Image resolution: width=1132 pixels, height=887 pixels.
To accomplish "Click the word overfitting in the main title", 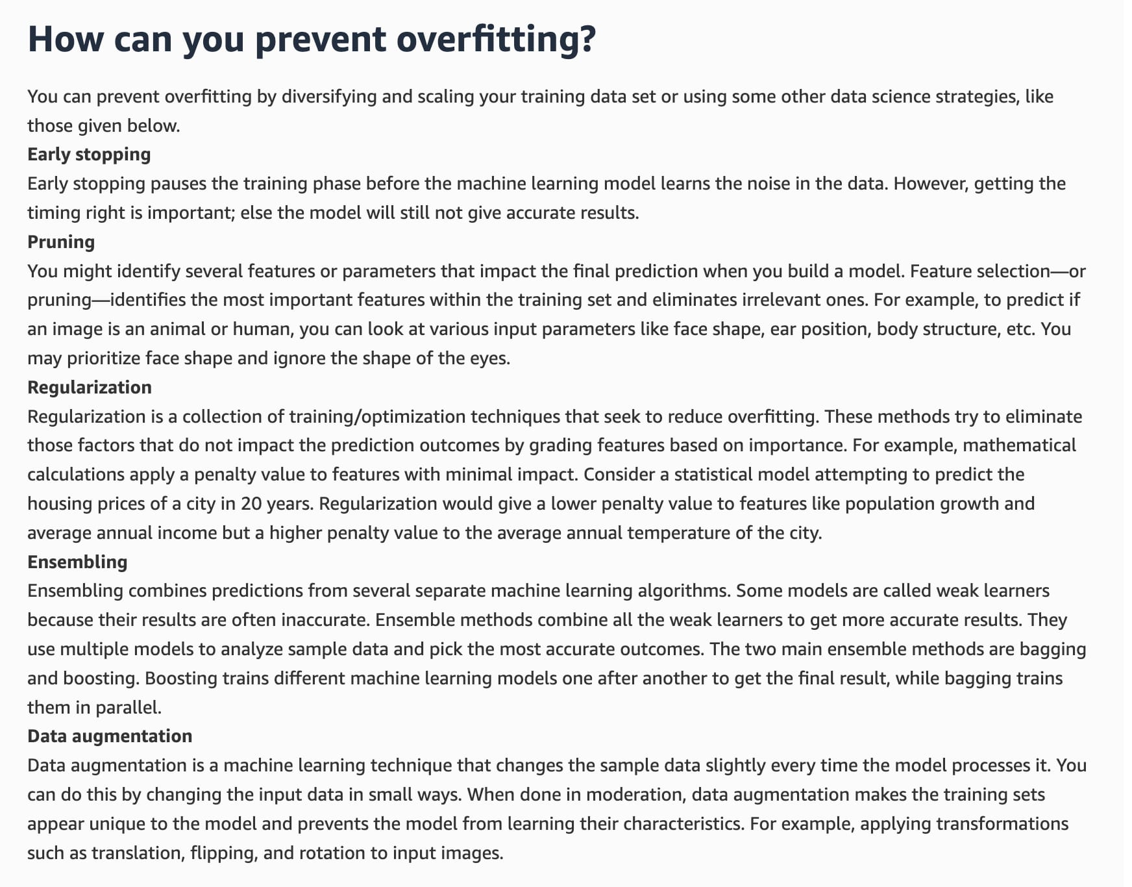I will [495, 39].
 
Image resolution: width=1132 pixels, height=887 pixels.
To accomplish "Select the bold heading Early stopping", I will [89, 155].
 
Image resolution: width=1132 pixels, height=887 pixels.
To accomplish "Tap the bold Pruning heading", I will [61, 242].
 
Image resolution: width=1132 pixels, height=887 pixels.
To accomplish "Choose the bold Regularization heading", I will [90, 388].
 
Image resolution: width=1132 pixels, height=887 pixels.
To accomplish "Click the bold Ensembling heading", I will [77, 562].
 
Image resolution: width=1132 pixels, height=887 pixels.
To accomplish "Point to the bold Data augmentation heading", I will [110, 736].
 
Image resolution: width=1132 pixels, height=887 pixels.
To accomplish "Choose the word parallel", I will [127, 707].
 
